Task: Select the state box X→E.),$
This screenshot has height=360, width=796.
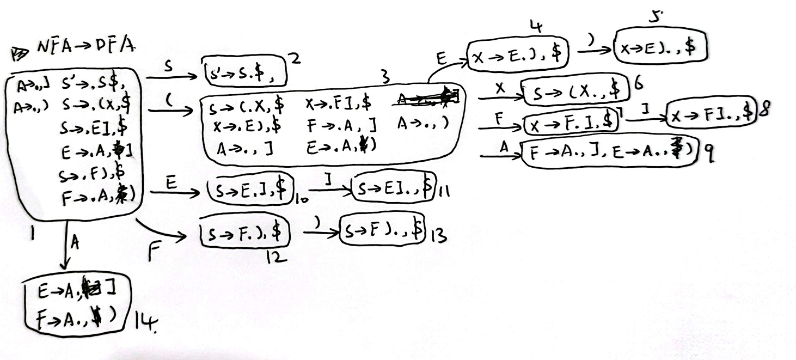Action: pos(518,53)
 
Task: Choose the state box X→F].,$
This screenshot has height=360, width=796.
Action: pos(710,112)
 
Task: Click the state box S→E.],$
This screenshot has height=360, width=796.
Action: pos(251,190)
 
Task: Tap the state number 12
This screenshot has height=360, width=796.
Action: pos(276,257)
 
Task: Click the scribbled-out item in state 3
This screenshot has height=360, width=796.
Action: pos(428,98)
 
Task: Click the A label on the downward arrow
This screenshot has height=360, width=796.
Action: pos(74,245)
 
